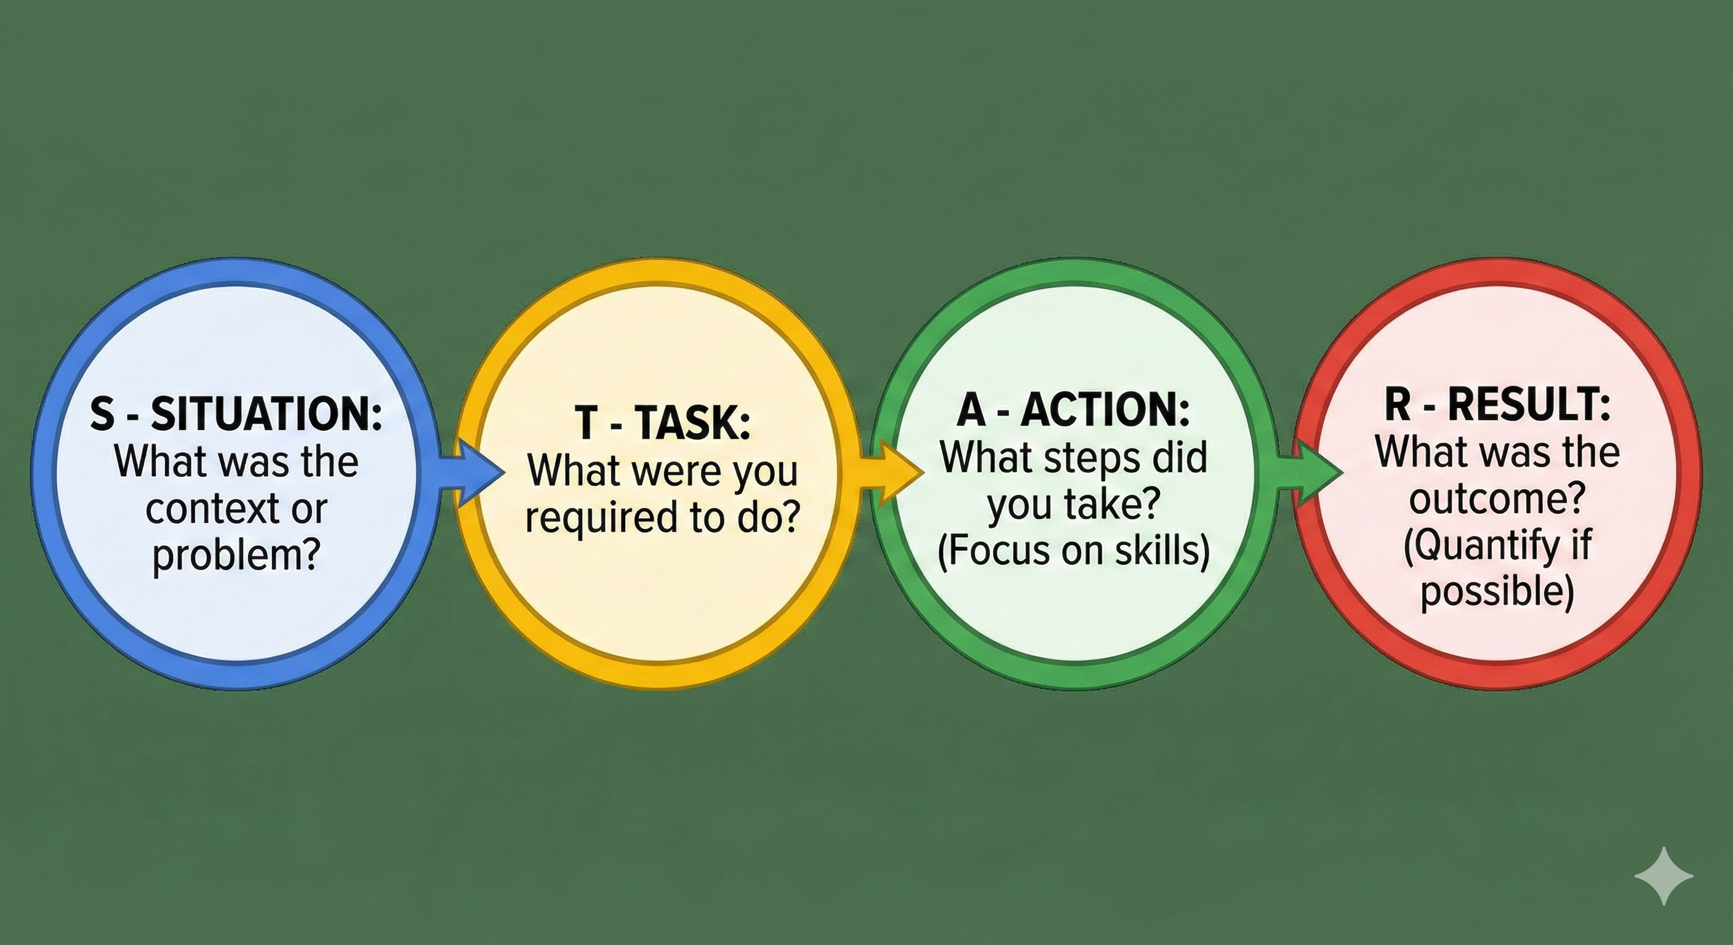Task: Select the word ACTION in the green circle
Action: point(1105,409)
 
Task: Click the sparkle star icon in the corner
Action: point(1663,875)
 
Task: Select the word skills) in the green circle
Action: point(1162,550)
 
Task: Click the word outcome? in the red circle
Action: point(1497,499)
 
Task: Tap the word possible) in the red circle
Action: point(1497,592)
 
